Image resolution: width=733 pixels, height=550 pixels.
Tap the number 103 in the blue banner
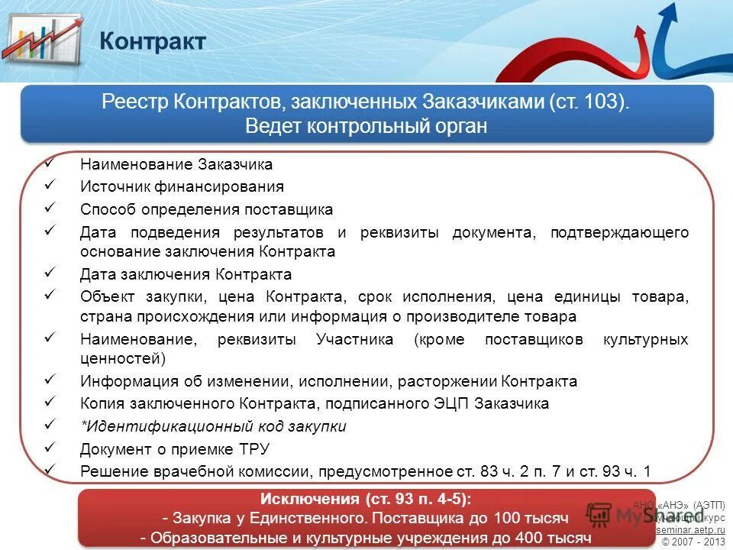[x=601, y=103]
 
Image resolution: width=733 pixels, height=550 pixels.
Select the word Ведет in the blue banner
[x=273, y=126]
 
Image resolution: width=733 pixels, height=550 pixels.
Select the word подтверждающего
[x=619, y=232]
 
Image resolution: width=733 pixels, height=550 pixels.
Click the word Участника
[x=355, y=339]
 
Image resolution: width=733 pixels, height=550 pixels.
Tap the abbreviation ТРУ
[x=253, y=449]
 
